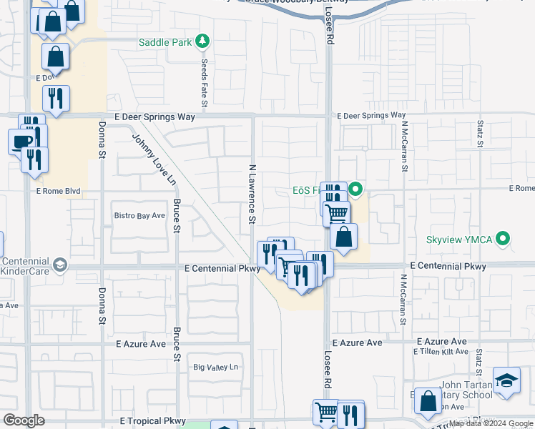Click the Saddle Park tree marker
203,41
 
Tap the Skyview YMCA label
459,239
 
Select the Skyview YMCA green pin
504,239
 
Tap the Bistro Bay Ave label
140,215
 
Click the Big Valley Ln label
215,367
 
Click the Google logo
24,420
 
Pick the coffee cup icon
21,141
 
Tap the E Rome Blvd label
58,192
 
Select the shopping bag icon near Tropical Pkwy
428,403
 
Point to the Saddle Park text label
165,42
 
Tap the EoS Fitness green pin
355,189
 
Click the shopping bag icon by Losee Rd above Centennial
344,237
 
